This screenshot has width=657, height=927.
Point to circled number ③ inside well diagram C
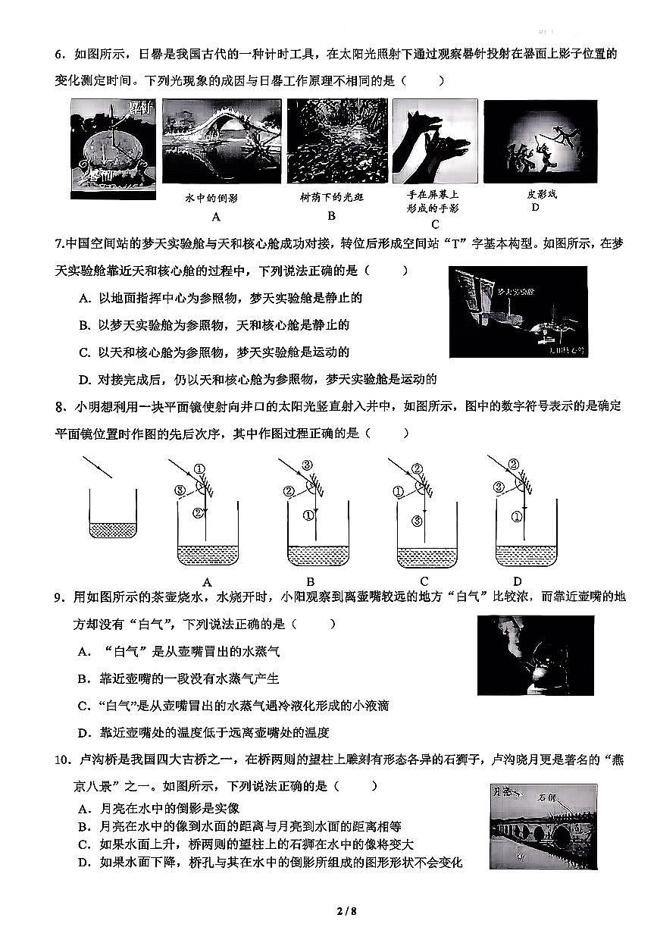[x=417, y=521]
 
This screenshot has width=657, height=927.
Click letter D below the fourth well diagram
[x=518, y=581]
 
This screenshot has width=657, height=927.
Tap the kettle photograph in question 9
[x=535, y=656]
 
